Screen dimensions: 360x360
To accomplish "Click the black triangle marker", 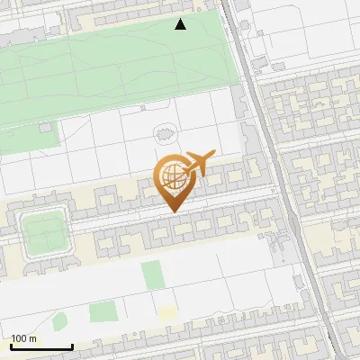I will [181, 25].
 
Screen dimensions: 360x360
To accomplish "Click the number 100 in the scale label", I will [20, 338].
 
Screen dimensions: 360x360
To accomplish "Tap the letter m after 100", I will [33, 338].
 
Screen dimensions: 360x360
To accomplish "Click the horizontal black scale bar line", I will [41, 346].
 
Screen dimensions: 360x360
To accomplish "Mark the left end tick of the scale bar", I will [11, 346].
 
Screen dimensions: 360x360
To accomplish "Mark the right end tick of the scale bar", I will [72, 346].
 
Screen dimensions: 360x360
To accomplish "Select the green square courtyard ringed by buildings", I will [44, 233].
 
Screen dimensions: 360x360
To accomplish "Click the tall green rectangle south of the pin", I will [154, 274].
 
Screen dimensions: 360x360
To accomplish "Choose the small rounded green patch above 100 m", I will [59, 321].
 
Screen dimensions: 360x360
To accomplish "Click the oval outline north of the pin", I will [165, 132].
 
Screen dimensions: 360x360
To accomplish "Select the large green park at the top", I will [117, 67].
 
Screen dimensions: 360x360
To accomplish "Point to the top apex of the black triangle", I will [181, 19].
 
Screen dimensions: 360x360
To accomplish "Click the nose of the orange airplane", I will [213, 154].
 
